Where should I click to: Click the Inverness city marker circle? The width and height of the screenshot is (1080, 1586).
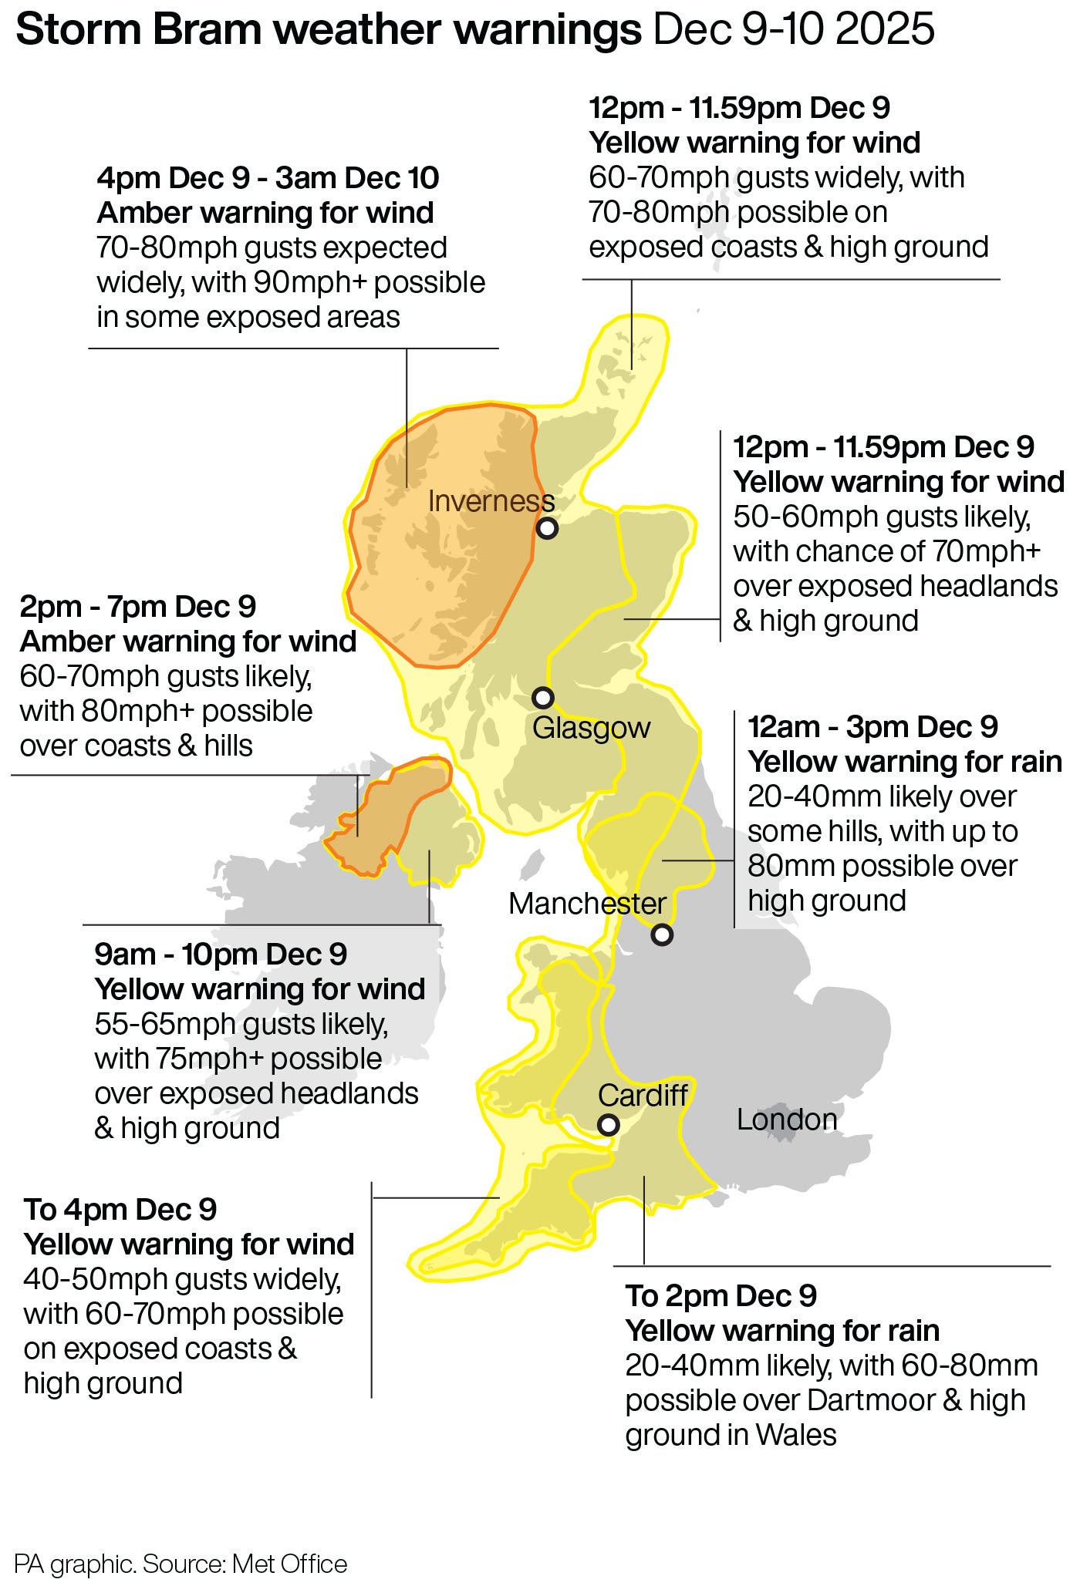547,528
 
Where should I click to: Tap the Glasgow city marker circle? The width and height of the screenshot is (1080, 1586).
543,698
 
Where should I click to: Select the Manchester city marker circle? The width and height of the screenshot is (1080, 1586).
662,935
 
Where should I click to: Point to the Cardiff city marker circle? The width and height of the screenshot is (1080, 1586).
609,1125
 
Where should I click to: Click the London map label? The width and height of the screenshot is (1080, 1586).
786,1120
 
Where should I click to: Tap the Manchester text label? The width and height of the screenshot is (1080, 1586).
587,904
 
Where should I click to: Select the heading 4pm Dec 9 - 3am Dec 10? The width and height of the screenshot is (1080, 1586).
268,178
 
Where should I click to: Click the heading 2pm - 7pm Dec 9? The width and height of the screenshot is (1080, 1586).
137,607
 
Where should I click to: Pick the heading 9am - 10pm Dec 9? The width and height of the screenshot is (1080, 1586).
221,955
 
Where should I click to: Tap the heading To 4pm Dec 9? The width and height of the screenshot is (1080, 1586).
120,1210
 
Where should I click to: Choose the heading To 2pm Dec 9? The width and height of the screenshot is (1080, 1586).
721,1296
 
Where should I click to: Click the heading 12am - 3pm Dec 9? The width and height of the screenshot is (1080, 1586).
872,727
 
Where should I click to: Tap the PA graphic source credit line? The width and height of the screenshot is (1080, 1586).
181,1564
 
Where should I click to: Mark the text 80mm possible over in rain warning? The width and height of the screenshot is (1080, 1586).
882,866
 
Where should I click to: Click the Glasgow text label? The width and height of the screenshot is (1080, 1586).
591,727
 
